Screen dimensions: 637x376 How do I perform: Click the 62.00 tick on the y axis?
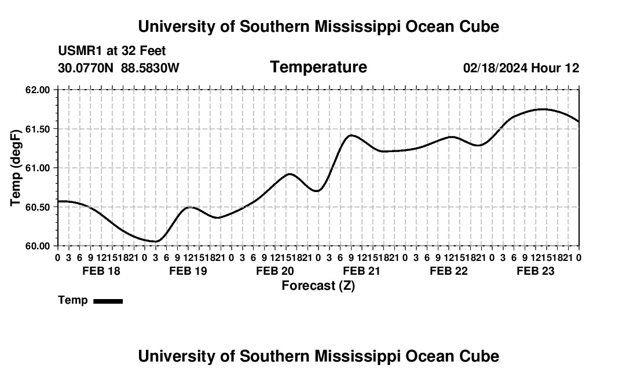pyautogui.click(x=37, y=90)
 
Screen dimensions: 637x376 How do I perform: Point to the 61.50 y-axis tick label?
pyautogui.click(x=37, y=129)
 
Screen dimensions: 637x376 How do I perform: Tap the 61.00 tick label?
pyautogui.click(x=37, y=168)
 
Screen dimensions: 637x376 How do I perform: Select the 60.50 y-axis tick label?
pyautogui.click(x=37, y=207)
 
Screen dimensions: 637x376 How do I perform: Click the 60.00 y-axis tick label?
pyautogui.click(x=37, y=246)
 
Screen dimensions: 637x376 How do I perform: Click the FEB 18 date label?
pyautogui.click(x=101, y=271)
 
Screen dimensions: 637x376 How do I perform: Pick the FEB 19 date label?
pyautogui.click(x=188, y=271)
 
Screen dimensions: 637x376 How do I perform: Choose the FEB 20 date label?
pyautogui.click(x=275, y=271)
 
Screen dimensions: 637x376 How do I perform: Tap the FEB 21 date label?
pyautogui.click(x=361, y=271)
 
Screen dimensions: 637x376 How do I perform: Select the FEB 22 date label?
pyautogui.click(x=448, y=271)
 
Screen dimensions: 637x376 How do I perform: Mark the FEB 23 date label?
pyautogui.click(x=536, y=271)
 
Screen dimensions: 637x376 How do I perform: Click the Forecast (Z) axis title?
pyautogui.click(x=318, y=286)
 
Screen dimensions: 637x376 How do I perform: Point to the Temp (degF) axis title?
pyautogui.click(x=16, y=168)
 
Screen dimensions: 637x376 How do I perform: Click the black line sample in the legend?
pyautogui.click(x=108, y=301)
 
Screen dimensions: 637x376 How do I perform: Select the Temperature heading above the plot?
pyautogui.click(x=318, y=67)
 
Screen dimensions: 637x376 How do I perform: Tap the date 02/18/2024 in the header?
pyautogui.click(x=495, y=68)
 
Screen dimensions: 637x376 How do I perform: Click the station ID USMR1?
pyautogui.click(x=80, y=51)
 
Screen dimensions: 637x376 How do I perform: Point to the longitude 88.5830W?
pyautogui.click(x=150, y=68)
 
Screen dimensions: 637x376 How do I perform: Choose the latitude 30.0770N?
pyautogui.click(x=86, y=68)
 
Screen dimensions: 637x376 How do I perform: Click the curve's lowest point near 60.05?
pyautogui.click(x=156, y=241)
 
